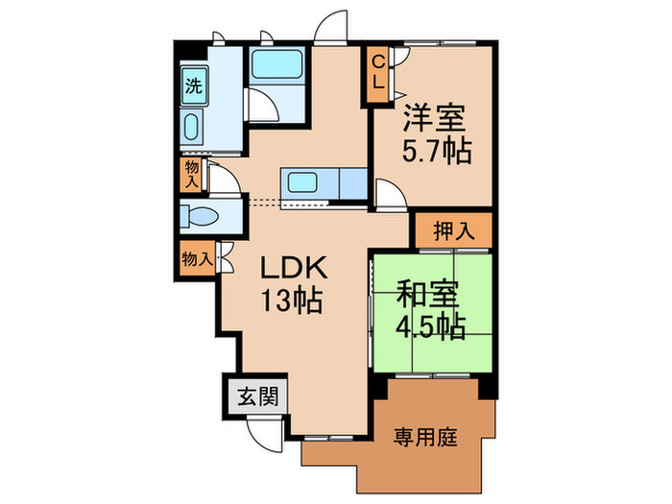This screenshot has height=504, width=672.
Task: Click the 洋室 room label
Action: pos(435,119)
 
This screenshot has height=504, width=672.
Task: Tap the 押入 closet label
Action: pos(452,230)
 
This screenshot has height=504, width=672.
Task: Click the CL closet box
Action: pos(378,74)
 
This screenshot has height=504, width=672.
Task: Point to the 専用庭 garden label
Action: pos(424,438)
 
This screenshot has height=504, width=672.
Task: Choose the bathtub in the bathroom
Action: pos(275,67)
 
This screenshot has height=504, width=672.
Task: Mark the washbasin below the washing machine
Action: pos(192,128)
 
